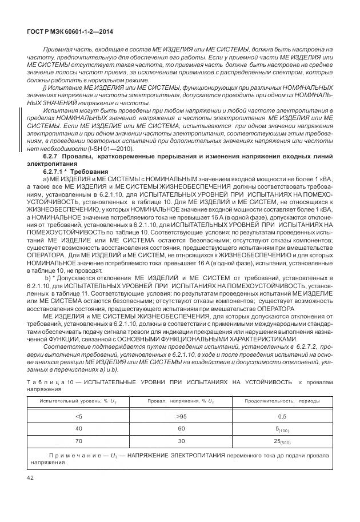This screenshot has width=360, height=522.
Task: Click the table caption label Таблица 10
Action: (47, 381)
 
